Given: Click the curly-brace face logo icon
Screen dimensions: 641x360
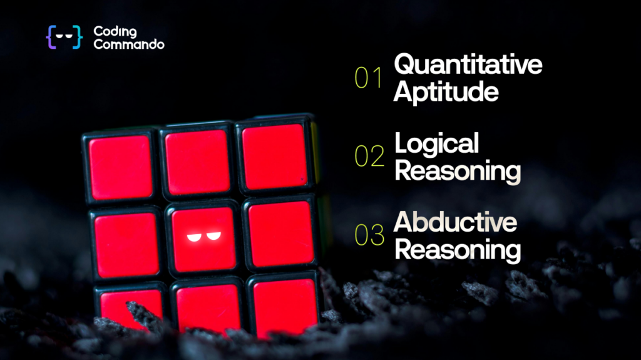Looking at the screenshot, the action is (64, 37).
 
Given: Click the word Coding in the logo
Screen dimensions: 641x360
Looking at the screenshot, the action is (115, 31).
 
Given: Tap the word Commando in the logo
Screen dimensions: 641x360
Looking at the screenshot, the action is (129, 44).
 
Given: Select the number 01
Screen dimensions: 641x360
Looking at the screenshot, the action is (368, 78).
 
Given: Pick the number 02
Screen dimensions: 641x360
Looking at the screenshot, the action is (369, 156).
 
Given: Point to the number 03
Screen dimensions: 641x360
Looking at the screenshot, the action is (369, 235).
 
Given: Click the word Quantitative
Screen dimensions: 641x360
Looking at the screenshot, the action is (468, 64).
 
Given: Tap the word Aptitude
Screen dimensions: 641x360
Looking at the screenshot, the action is (446, 92).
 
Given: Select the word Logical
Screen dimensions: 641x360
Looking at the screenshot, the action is (436, 144).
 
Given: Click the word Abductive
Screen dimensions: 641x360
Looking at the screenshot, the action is (456, 222).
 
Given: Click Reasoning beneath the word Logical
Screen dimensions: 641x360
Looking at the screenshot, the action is (458, 171).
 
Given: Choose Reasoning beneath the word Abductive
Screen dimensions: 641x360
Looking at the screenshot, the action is (458, 250).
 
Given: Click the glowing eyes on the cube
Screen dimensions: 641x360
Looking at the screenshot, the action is (204, 237).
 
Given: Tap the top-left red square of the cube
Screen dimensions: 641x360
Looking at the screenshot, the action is (121, 168).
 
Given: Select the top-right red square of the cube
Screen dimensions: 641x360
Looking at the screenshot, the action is (274, 157).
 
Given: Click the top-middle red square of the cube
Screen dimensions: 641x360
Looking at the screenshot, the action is (197, 162).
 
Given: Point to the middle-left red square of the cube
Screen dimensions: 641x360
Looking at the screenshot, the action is (126, 244).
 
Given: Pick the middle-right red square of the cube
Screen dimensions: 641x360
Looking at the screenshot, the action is (281, 234).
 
